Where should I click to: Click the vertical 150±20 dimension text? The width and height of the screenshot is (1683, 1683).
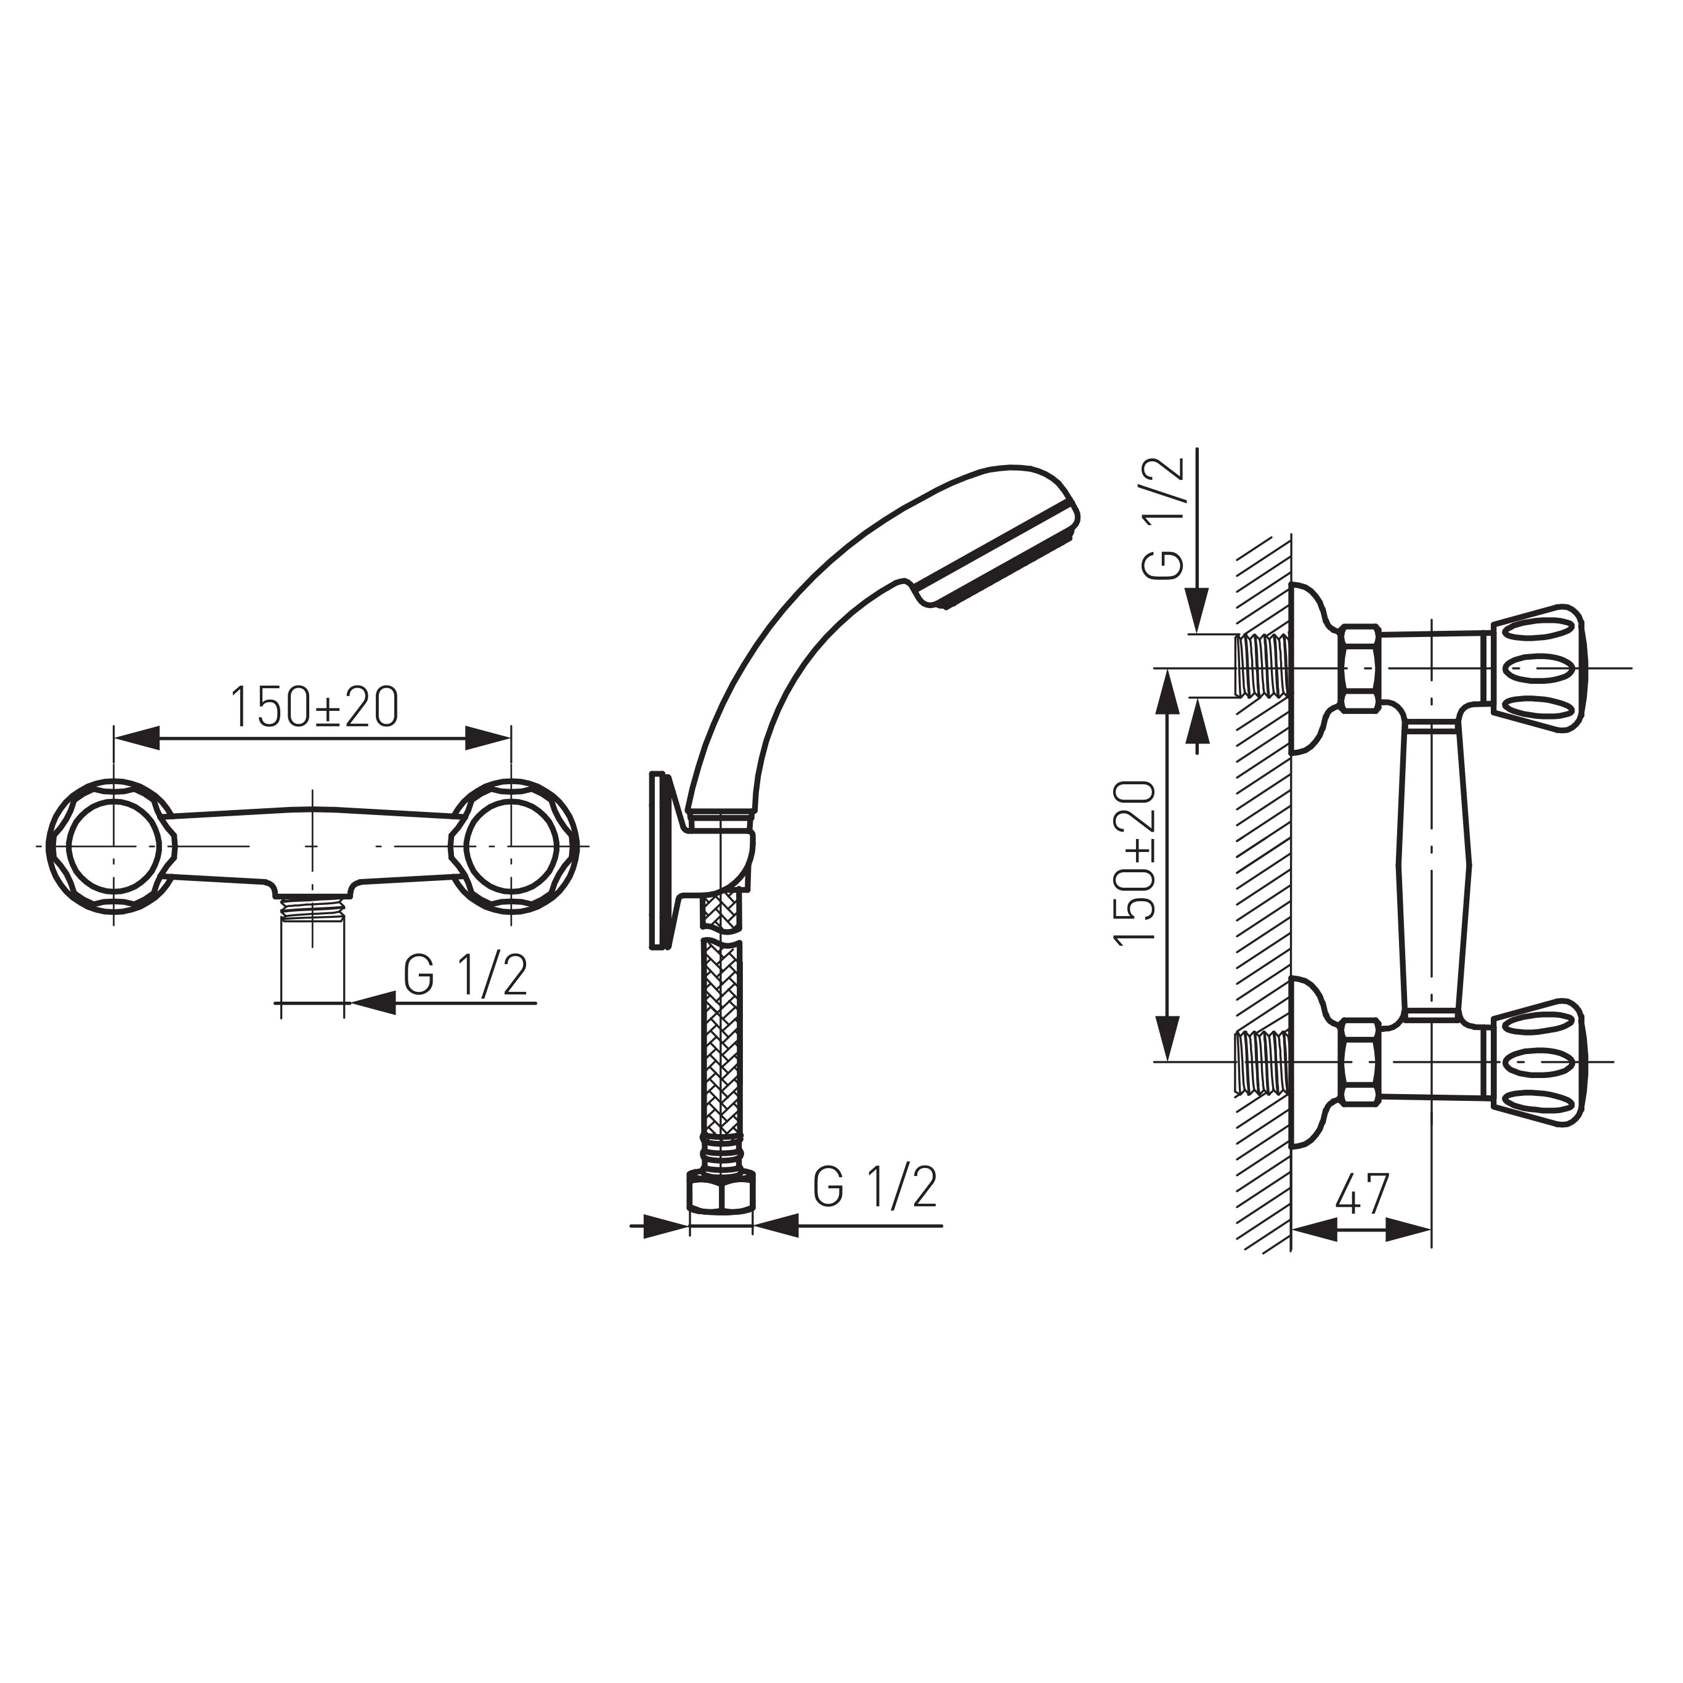pos(1136,862)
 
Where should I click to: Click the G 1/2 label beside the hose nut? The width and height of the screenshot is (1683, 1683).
pos(875,1186)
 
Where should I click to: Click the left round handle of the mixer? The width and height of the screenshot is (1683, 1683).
pos(112,846)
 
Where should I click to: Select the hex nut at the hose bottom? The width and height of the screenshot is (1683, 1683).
pos(721,1191)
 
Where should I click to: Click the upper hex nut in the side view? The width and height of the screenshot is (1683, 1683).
pos(1360,668)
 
